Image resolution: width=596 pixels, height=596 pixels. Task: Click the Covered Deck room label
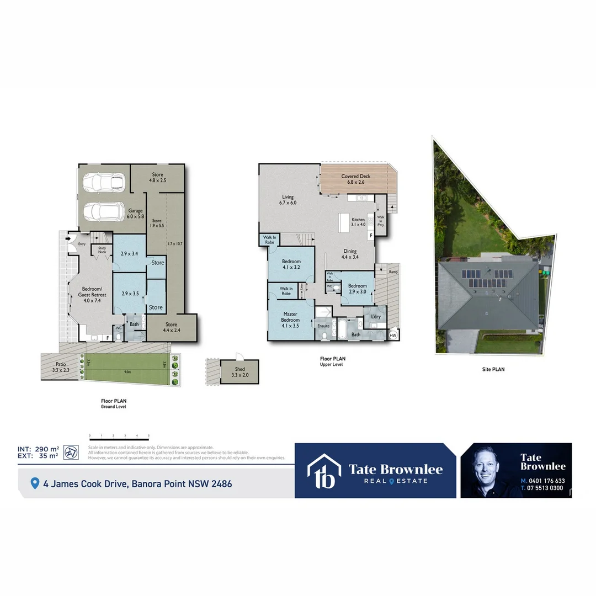pyautogui.click(x=355, y=179)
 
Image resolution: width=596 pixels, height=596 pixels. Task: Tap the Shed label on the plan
pyautogui.click(x=239, y=372)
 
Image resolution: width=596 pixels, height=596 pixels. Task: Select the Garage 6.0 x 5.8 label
pyautogui.click(x=136, y=214)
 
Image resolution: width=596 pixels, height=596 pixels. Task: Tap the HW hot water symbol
pyautogui.click(x=393, y=335)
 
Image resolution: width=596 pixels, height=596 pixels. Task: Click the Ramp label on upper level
pyautogui.click(x=393, y=272)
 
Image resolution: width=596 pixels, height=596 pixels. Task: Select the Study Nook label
pyautogui.click(x=102, y=250)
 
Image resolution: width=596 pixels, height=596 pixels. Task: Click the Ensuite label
pyautogui.click(x=323, y=326)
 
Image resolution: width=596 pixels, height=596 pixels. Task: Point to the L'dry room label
pyautogui.click(x=376, y=316)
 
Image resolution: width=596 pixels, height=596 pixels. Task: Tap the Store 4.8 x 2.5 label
pyautogui.click(x=157, y=177)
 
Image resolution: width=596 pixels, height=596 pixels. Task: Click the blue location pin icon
pyautogui.click(x=35, y=483)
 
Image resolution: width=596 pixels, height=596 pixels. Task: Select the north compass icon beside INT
pyautogui.click(x=71, y=452)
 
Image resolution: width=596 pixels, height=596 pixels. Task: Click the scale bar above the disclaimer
pyautogui.click(x=119, y=436)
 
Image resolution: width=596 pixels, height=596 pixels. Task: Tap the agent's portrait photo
pyautogui.click(x=489, y=470)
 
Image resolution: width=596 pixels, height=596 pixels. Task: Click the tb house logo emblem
pyautogui.click(x=324, y=471)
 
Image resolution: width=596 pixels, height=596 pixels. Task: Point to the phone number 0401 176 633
pyautogui.click(x=546, y=481)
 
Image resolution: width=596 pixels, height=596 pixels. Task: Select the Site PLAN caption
pyautogui.click(x=492, y=369)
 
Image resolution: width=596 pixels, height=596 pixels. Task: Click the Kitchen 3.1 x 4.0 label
pyautogui.click(x=359, y=222)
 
